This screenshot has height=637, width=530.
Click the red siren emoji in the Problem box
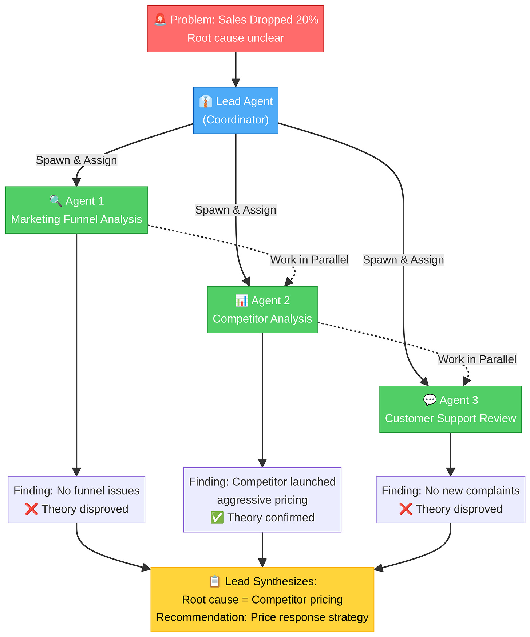[160, 20]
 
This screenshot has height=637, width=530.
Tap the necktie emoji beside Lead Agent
[206, 101]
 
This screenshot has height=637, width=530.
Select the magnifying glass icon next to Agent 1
[56, 201]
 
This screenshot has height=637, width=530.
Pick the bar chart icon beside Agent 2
[242, 300]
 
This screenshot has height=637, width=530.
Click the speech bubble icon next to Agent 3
[430, 400]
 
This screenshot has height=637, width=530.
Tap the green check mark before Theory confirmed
[217, 518]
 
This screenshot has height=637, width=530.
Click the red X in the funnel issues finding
[32, 509]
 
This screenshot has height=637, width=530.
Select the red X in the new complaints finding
[406, 509]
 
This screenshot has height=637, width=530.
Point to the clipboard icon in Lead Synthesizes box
[215, 581]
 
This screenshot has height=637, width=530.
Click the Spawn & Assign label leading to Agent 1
[76, 160]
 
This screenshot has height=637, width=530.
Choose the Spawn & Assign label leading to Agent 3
[403, 260]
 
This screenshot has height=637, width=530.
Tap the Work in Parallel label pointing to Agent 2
[309, 260]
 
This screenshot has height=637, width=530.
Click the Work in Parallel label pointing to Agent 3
[477, 359]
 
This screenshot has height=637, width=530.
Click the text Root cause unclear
[236, 38]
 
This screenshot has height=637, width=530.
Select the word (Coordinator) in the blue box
[236, 120]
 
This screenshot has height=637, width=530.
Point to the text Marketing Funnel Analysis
[76, 219]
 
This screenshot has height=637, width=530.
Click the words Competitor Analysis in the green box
[262, 319]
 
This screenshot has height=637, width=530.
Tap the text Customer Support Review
[450, 418]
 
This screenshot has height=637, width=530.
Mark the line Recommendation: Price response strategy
[262, 617]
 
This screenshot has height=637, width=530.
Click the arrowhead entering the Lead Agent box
[236, 83]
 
